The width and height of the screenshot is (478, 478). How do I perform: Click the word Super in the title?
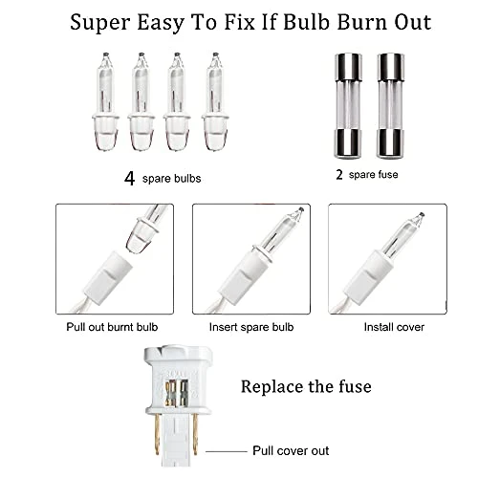[100, 23]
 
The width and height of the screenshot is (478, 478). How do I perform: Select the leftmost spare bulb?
[105, 101]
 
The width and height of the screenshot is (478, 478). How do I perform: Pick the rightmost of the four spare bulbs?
[215, 101]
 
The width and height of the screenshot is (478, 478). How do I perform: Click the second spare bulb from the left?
[141, 101]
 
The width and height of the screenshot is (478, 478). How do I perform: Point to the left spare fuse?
[348, 106]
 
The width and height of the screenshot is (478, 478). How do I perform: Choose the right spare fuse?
[390, 106]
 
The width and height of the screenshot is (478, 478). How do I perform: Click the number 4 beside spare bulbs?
[129, 179]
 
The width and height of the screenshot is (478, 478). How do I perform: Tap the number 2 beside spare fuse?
[339, 175]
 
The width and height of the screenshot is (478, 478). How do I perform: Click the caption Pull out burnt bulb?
[112, 327]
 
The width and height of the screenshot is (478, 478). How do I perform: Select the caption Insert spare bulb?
[251, 327]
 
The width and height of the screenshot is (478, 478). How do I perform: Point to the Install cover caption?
[394, 327]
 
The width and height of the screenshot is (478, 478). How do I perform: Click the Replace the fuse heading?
[306, 386]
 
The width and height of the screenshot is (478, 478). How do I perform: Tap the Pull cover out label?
[291, 450]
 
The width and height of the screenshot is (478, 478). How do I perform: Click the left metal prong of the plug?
[157, 435]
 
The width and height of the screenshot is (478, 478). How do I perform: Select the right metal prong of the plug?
[195, 435]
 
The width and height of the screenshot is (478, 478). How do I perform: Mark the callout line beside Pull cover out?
[227, 451]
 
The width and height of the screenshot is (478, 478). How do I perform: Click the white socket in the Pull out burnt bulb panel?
[105, 275]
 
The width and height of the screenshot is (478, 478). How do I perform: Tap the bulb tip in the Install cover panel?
[422, 215]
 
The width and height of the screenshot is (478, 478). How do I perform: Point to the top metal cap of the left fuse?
[348, 67]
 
